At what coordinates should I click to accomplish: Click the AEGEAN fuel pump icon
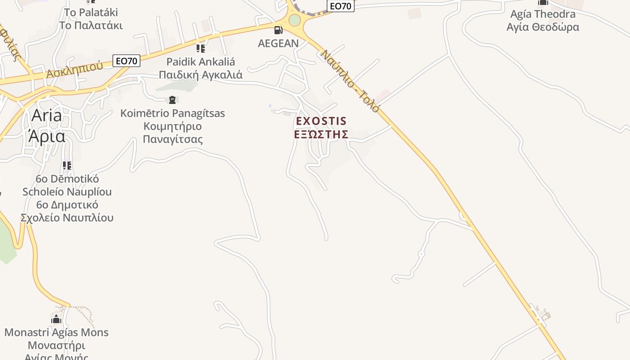click(x=279, y=30)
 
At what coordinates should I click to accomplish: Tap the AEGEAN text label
click(x=278, y=43)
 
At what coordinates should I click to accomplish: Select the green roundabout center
click(x=294, y=20)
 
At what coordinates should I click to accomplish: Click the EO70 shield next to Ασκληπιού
click(x=126, y=61)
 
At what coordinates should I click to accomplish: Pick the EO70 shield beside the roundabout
click(x=341, y=6)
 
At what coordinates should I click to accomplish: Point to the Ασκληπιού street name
click(x=75, y=70)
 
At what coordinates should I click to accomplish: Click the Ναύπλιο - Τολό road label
click(x=350, y=81)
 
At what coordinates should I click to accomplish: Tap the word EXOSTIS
click(x=321, y=121)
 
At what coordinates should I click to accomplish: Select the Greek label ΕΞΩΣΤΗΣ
click(x=321, y=134)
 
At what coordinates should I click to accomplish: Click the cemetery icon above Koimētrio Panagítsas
click(x=172, y=100)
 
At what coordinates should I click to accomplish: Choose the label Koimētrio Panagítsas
click(x=172, y=113)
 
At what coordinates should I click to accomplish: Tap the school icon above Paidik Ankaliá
click(x=200, y=48)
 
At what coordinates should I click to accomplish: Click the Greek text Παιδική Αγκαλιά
click(x=200, y=75)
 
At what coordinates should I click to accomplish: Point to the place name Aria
click(x=47, y=116)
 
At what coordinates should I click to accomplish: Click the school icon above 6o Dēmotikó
click(x=67, y=166)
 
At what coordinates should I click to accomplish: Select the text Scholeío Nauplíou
click(x=67, y=192)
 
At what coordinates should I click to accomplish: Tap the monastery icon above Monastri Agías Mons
click(x=56, y=319)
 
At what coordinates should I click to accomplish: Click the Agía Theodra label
click(x=543, y=14)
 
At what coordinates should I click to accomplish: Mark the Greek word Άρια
click(x=47, y=135)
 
